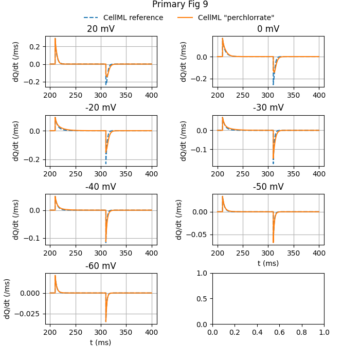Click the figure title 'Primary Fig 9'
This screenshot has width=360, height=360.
coord(179,5)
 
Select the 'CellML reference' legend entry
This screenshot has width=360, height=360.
coord(133,17)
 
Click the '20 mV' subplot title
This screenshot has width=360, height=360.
coord(101,29)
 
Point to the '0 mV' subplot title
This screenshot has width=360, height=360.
coord(268,29)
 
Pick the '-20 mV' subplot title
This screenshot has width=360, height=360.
coord(101,108)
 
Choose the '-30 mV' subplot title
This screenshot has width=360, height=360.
coord(268,108)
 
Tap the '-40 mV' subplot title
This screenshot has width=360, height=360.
coord(101,187)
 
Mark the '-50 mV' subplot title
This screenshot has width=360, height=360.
coord(268,187)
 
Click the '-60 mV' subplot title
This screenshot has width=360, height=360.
coord(101,266)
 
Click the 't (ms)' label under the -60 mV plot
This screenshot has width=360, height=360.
coord(101,342)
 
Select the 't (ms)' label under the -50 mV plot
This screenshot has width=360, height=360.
coord(268,263)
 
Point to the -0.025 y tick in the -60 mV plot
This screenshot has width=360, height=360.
coord(30,314)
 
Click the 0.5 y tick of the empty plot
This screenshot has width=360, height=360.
coord(204,299)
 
